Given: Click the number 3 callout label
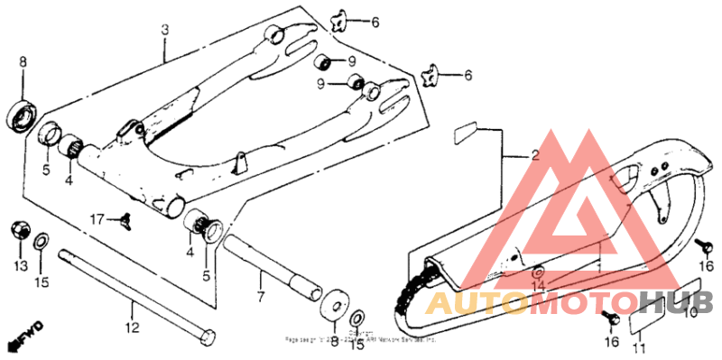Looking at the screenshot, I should tap(165, 29).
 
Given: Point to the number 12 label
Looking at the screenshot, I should tap(132, 328).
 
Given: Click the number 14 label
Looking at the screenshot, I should tap(539, 286).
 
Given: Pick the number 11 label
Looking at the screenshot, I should tap(638, 348).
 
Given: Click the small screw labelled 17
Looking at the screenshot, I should tap(125, 217).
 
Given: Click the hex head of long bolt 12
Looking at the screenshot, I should tap(206, 336).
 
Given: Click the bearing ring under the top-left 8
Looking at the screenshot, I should tap(22, 115).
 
